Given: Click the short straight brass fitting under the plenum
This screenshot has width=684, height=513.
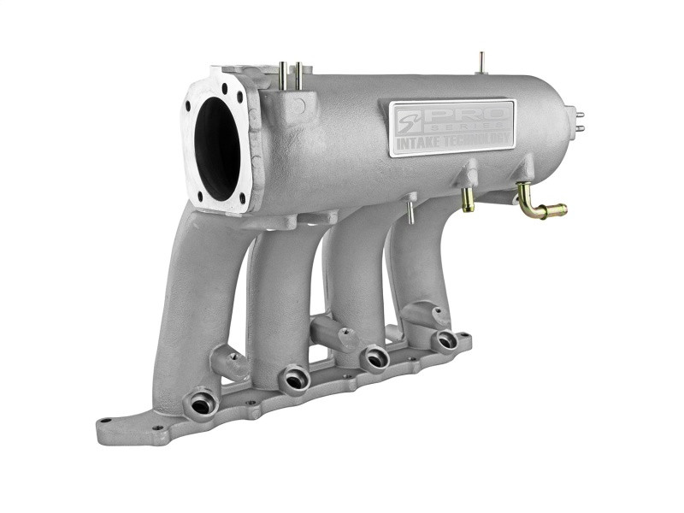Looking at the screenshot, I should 468,199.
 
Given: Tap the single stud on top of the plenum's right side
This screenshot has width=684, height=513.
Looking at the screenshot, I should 481,62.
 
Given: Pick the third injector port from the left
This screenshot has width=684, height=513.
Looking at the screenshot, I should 374,357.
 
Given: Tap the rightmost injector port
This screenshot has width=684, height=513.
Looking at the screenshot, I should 445,339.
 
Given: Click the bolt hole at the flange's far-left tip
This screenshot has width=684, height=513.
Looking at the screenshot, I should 106,422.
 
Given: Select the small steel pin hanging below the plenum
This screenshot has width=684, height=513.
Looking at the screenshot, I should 410,211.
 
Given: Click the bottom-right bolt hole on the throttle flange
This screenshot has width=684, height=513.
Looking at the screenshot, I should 243,198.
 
